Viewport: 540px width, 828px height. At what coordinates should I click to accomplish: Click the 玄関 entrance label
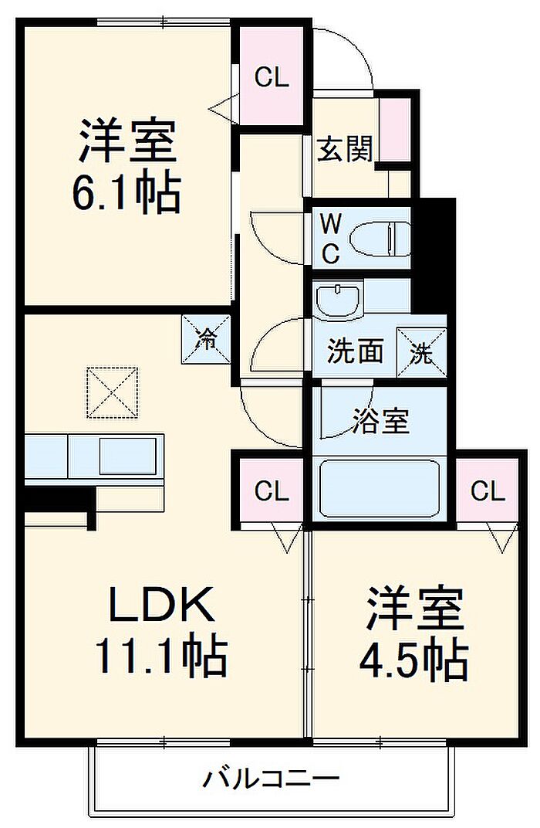pyautogui.click(x=345, y=148)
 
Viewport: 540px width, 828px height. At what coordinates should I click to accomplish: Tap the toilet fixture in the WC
pyautogui.click(x=380, y=239)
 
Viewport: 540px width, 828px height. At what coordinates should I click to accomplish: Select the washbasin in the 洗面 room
pyautogui.click(x=339, y=300)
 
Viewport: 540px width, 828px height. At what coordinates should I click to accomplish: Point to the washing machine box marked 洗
pyautogui.click(x=422, y=352)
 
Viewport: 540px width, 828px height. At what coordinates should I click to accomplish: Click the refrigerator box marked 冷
pyautogui.click(x=206, y=339)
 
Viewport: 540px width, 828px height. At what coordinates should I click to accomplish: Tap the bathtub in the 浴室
pyautogui.click(x=380, y=488)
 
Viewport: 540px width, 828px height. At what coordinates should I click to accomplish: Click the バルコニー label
pyautogui.click(x=271, y=779)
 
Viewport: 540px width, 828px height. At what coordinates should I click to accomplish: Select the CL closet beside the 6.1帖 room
pyautogui.click(x=272, y=77)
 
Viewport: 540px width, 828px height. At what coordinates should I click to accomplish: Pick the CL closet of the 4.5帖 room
pyautogui.click(x=488, y=491)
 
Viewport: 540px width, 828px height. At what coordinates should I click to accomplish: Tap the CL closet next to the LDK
pyautogui.click(x=272, y=491)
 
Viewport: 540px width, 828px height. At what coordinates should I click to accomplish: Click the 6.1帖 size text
pyautogui.click(x=127, y=193)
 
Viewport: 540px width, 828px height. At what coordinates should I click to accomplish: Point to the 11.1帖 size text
pyautogui.click(x=160, y=657)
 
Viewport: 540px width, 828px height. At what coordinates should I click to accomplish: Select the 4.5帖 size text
pyautogui.click(x=413, y=661)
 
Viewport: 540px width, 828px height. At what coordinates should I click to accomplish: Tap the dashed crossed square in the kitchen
pyautogui.click(x=113, y=393)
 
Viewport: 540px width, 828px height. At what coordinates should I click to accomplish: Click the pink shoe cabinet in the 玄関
pyautogui.click(x=395, y=130)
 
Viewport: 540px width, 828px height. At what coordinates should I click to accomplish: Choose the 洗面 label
pyautogui.click(x=355, y=351)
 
